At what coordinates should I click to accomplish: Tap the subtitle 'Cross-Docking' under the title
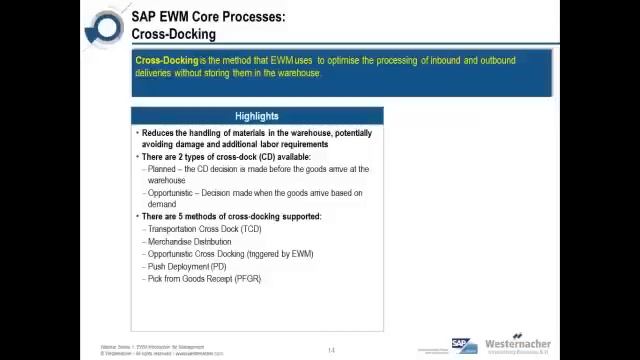173,34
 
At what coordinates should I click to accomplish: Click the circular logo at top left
106,27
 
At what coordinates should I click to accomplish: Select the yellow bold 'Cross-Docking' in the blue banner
166,60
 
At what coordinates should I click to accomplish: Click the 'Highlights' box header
256,116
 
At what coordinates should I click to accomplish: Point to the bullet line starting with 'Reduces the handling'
256,133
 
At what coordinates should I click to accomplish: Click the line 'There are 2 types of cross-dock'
226,157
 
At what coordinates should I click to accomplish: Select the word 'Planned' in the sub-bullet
161,169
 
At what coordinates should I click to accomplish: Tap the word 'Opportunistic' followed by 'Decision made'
170,193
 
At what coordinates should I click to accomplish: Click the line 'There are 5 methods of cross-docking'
231,217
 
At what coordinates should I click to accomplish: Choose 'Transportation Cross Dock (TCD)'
204,229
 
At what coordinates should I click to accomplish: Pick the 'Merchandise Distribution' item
189,241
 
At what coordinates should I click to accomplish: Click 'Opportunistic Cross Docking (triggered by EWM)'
230,254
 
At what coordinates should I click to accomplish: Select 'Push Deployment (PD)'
186,266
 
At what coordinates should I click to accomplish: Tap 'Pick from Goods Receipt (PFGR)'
204,279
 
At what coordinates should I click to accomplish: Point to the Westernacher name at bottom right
517,344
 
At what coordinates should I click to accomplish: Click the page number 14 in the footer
331,350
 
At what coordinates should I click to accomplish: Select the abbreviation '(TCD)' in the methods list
250,229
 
